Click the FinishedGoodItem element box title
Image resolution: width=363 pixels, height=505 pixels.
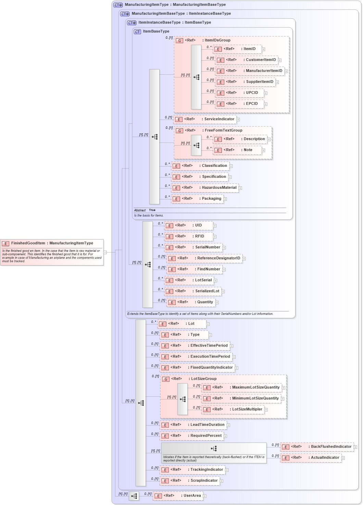coord(52,243)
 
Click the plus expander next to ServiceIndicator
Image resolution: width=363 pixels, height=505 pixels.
coord(238,120)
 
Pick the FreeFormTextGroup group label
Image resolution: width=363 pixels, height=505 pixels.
coord(223,131)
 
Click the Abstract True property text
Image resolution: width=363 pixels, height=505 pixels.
coord(145,210)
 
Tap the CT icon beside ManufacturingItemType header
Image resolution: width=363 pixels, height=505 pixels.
coord(118,5)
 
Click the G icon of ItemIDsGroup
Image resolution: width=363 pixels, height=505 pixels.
coord(179,40)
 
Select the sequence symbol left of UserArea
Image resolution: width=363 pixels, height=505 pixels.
coord(134,496)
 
